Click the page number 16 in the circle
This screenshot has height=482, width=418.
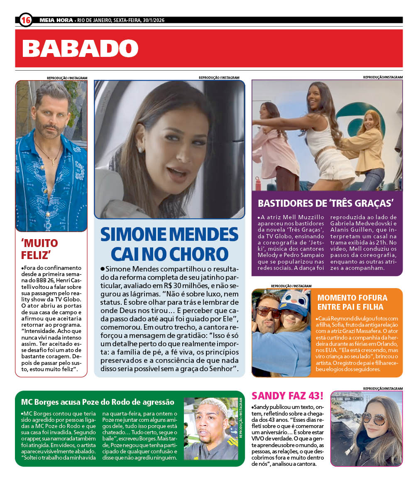click(26, 20)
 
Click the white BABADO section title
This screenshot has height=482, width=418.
click(80, 49)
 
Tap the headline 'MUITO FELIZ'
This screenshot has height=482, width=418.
click(39, 249)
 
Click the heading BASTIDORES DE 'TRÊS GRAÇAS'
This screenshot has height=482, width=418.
click(326, 203)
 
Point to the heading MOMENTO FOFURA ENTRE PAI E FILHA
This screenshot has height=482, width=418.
click(352, 302)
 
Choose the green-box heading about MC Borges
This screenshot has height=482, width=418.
click(98, 401)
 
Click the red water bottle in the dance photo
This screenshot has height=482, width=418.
click(258, 183)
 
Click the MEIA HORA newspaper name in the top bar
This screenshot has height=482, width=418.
click(56, 20)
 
